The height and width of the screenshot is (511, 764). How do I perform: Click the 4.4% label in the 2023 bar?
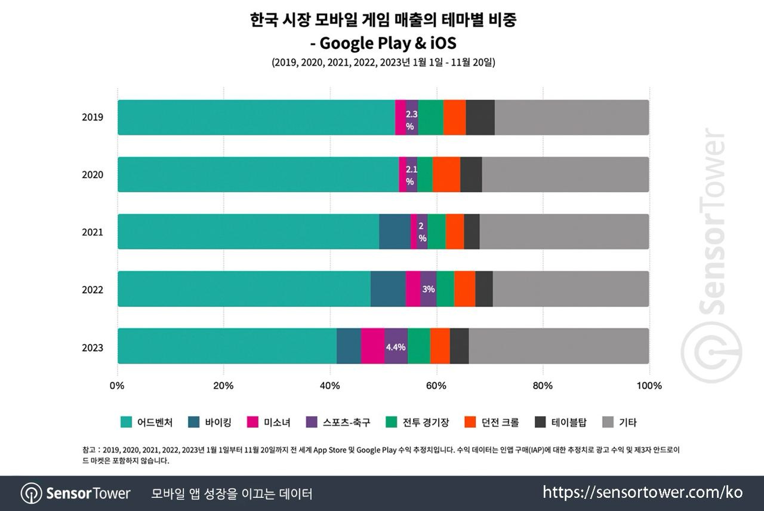[396, 347]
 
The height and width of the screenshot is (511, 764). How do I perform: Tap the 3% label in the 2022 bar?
[428, 289]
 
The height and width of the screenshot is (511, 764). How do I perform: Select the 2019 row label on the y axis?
[93, 117]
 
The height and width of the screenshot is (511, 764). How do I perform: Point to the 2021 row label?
[93, 232]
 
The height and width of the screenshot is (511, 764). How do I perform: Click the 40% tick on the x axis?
[330, 386]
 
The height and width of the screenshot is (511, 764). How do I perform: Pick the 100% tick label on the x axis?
[649, 386]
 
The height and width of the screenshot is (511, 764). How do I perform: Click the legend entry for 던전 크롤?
[492, 423]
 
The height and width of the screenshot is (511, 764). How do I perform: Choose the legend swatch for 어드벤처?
[126, 423]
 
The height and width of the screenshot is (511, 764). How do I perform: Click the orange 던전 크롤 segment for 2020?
[446, 174]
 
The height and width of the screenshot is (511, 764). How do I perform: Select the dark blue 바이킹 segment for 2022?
[388, 289]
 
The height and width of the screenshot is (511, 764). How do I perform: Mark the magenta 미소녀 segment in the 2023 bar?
[372, 346]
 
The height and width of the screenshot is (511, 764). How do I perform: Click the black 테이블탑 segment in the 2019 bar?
[480, 117]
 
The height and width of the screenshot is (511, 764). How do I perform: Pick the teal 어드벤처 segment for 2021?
[248, 232]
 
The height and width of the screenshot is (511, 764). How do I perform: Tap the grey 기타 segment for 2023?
[559, 346]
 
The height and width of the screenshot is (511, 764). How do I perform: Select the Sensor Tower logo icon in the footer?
[31, 493]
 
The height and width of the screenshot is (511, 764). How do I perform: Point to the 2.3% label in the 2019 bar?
[411, 119]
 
